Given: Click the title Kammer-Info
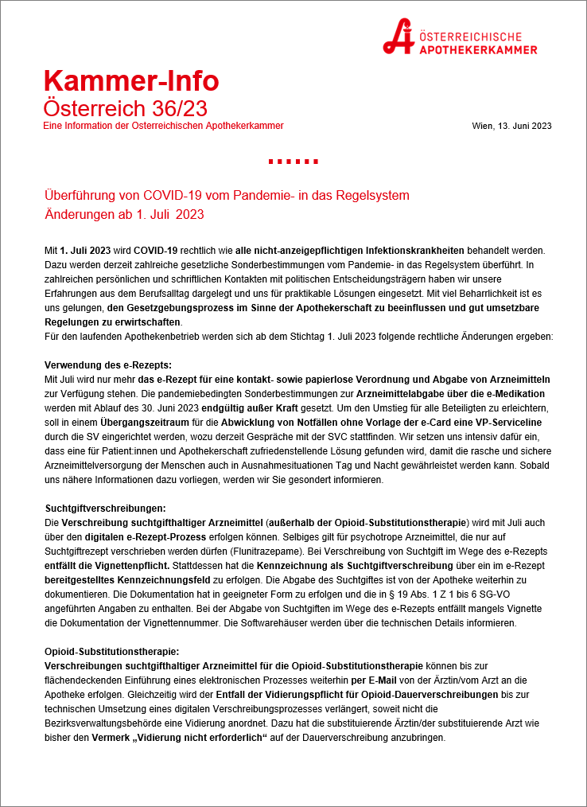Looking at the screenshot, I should (x=131, y=80).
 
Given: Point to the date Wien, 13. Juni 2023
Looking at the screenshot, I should (x=511, y=126).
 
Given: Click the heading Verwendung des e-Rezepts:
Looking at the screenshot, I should (x=101, y=364).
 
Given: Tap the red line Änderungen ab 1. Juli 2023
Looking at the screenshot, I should (x=125, y=216).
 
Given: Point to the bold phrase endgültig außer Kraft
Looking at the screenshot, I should (x=248, y=407).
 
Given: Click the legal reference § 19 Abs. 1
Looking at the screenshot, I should (x=375, y=594).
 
